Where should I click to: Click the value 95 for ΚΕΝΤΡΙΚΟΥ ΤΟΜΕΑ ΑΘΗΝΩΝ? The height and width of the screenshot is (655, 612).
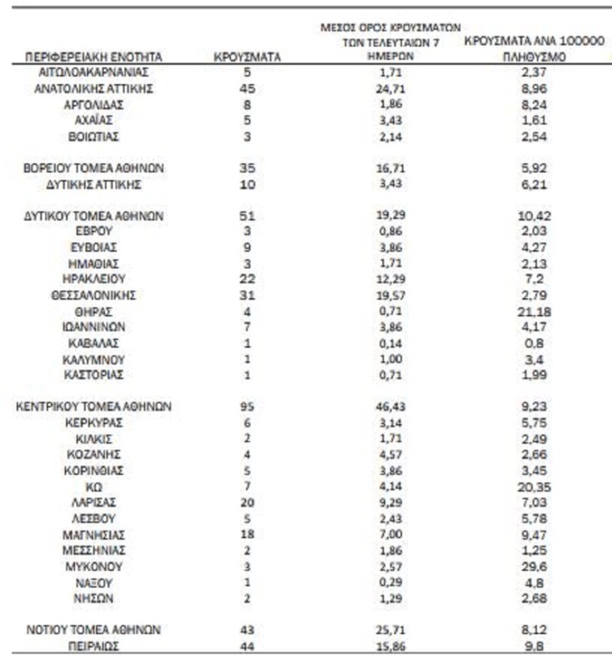[246, 407]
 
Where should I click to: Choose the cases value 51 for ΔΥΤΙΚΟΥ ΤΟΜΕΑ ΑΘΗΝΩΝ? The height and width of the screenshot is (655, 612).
[246, 216]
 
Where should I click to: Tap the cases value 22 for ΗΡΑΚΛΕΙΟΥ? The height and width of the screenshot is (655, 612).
[246, 279]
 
